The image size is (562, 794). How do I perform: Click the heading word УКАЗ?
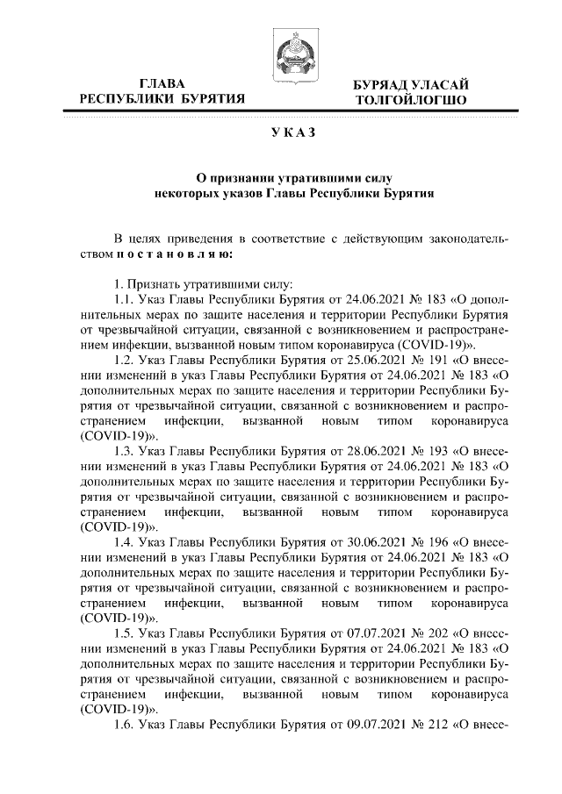click(x=289, y=132)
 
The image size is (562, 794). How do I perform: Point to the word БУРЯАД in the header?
click(x=382, y=84)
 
